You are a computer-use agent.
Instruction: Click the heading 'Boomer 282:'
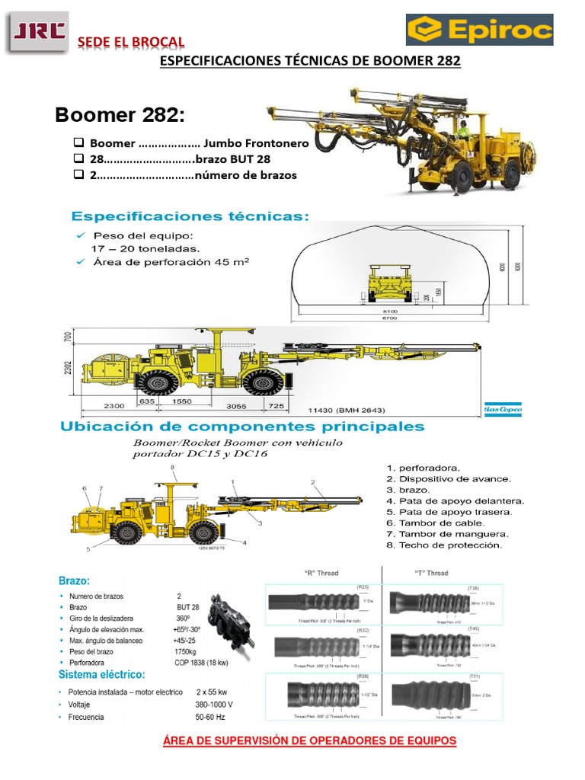[x=120, y=116]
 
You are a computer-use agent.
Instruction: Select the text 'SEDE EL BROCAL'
[x=133, y=41]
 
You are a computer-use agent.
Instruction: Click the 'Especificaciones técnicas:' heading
[x=190, y=216]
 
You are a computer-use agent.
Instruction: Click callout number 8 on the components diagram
[x=172, y=467]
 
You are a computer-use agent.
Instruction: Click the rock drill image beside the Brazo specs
[x=231, y=619]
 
